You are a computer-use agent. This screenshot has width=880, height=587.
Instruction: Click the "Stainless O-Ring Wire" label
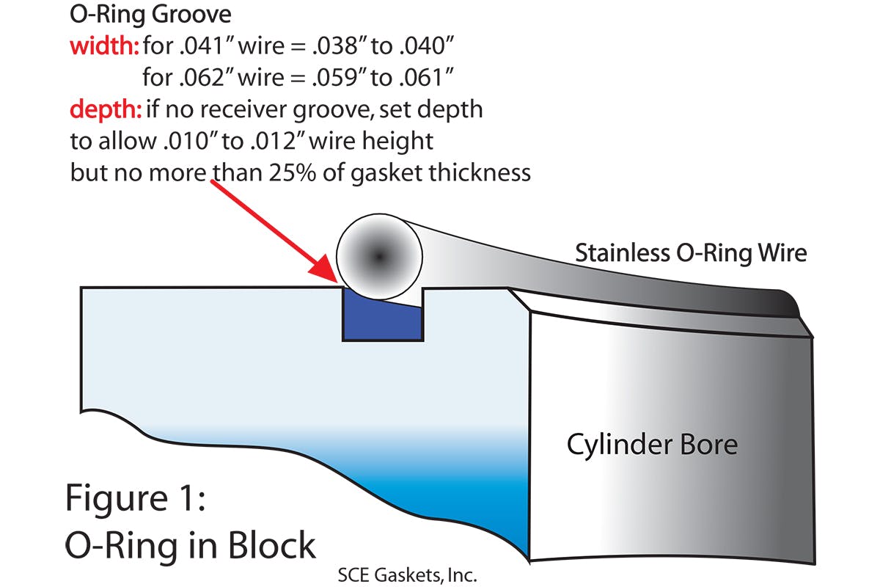(691, 253)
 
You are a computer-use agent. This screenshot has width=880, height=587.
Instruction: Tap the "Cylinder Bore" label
(652, 444)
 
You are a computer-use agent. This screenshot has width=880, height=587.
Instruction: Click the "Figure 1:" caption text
(138, 498)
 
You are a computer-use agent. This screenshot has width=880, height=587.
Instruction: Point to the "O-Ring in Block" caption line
(191, 545)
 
